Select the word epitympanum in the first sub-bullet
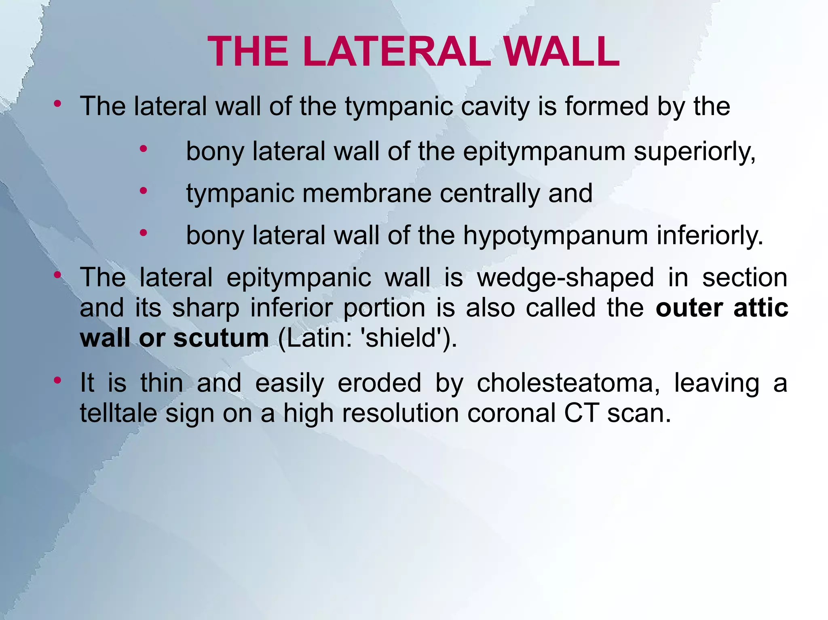click(x=544, y=152)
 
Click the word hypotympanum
click(x=556, y=235)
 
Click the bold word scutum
click(x=221, y=338)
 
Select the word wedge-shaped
click(x=565, y=278)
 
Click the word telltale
click(x=118, y=413)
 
